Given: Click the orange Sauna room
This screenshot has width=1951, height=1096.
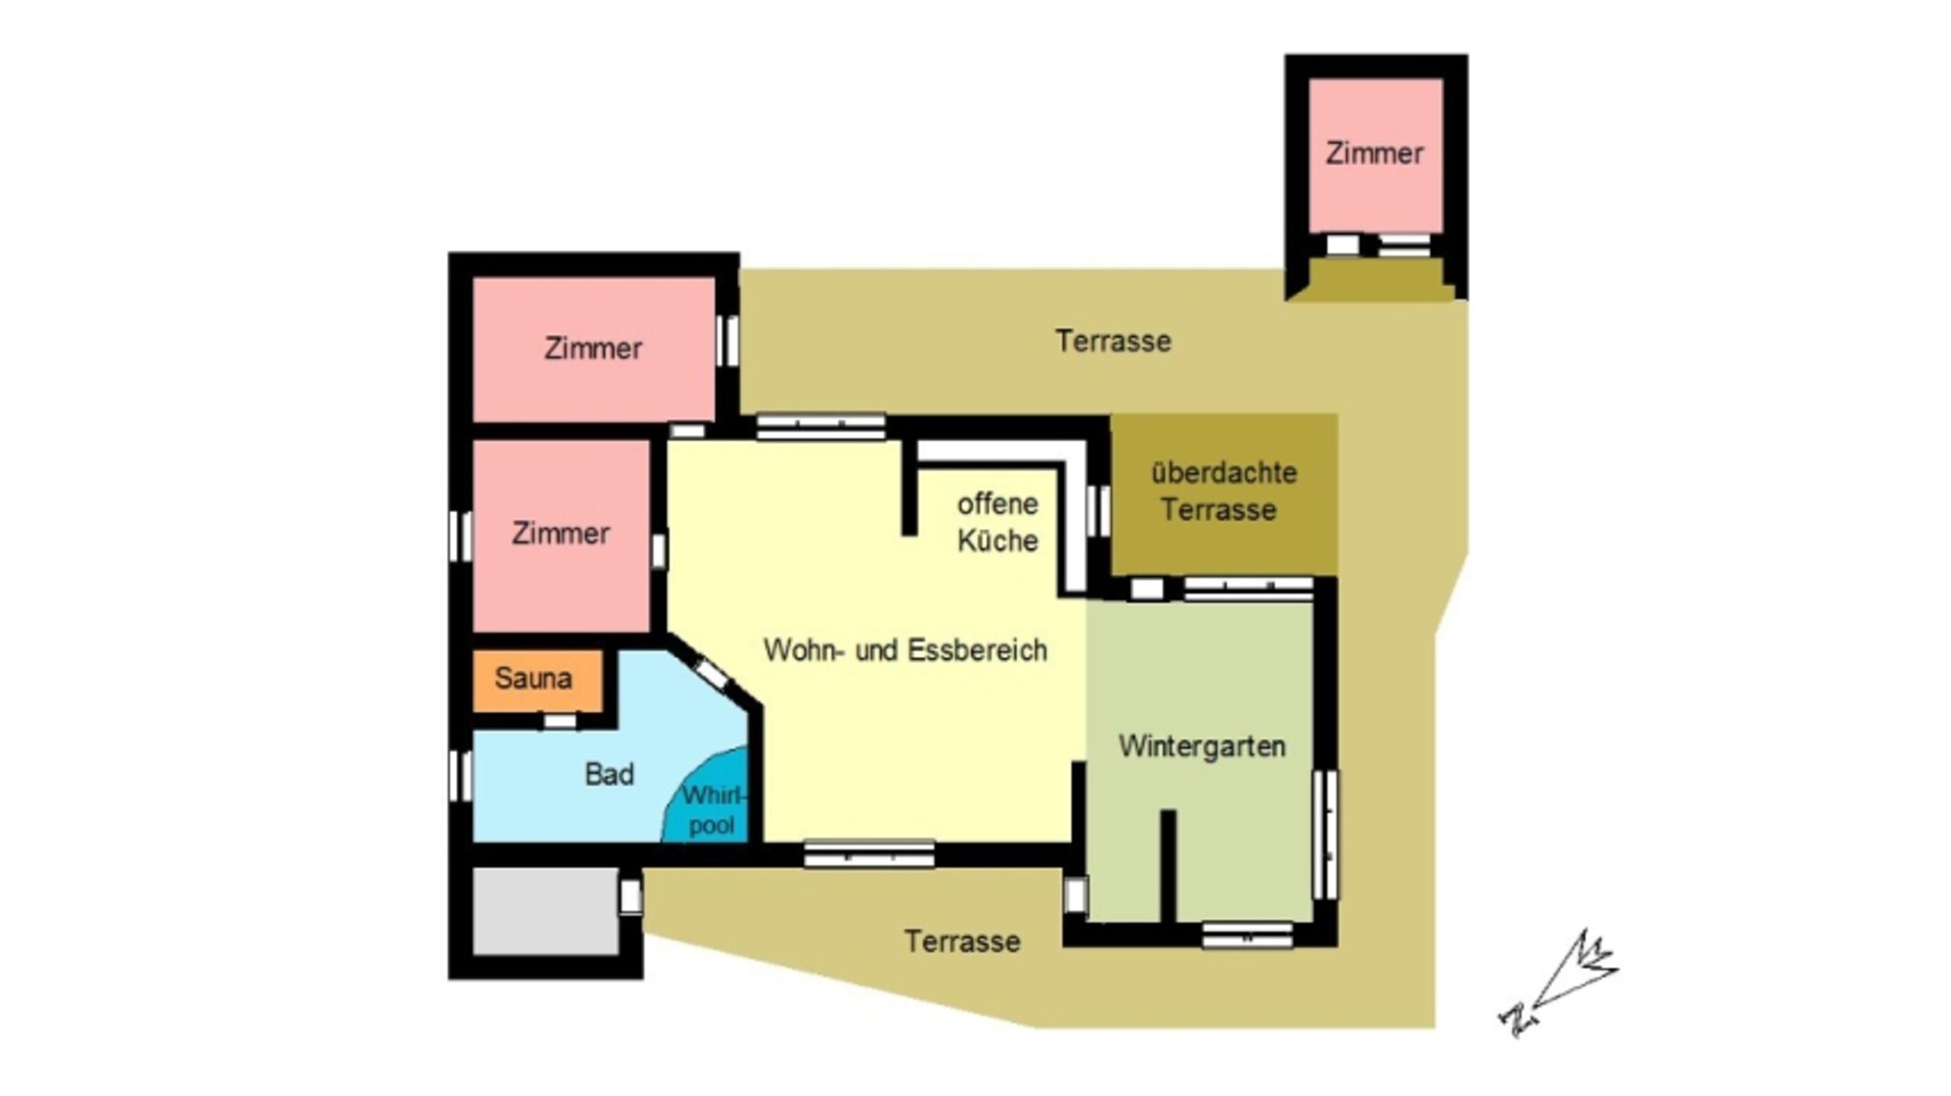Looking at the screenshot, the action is (x=537, y=680).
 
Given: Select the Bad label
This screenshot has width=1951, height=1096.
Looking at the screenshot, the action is (x=609, y=775).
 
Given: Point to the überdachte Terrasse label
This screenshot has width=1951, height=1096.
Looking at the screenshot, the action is (x=1223, y=491).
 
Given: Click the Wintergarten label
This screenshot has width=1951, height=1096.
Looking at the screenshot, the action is (x=1202, y=746).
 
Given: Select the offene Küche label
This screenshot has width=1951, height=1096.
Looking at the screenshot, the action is (x=997, y=522).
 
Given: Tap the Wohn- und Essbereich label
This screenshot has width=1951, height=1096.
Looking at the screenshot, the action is (x=905, y=650).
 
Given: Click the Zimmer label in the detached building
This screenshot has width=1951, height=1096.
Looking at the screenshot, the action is (x=1374, y=153).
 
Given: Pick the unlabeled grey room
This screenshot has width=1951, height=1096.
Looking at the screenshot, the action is (x=546, y=912).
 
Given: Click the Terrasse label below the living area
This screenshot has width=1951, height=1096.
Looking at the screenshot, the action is (x=962, y=942).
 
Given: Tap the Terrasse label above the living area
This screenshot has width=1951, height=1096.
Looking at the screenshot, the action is (x=1113, y=342).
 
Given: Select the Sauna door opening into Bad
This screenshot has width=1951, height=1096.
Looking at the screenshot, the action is (x=560, y=722).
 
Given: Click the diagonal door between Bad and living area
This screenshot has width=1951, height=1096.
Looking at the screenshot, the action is (x=712, y=674).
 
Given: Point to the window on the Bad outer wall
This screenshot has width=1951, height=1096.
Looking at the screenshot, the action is (x=460, y=776).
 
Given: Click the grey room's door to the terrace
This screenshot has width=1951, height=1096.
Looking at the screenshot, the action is (x=631, y=896).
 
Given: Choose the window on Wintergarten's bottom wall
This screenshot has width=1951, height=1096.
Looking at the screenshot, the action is (x=1246, y=935).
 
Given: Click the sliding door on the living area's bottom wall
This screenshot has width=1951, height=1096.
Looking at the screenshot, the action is (x=869, y=854).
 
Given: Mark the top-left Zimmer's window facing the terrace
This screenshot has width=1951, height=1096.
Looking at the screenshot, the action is (x=727, y=341).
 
